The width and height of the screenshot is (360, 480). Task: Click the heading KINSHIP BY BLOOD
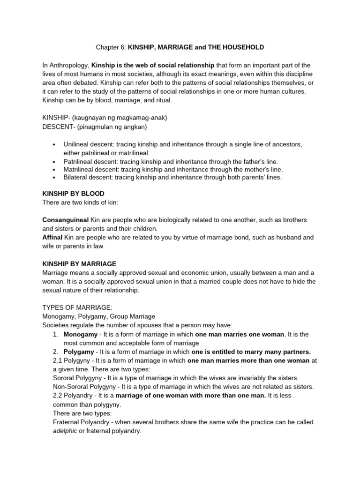point(74,194)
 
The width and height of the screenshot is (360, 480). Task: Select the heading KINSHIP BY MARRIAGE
point(79,264)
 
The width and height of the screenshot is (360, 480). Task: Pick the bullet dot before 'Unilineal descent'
point(55,144)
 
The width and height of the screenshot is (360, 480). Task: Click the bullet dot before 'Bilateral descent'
point(55,178)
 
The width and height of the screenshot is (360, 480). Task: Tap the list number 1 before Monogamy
point(56,334)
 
